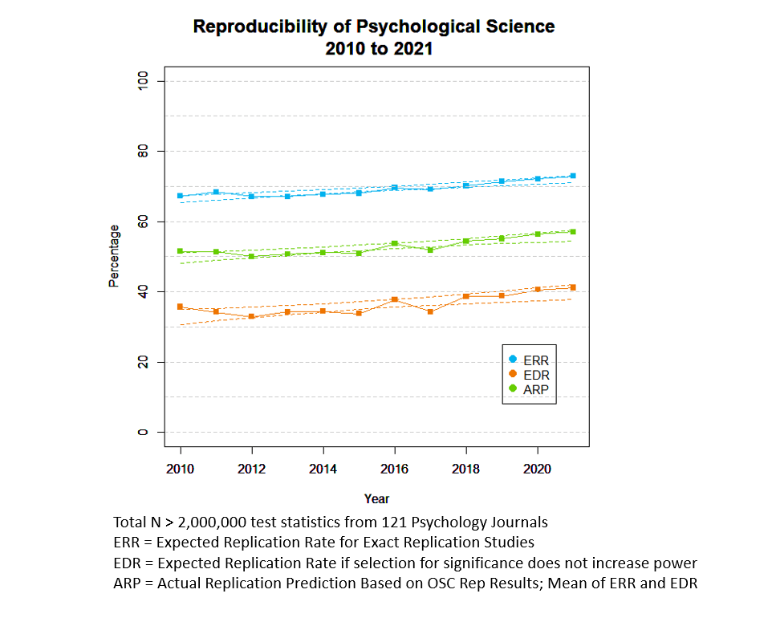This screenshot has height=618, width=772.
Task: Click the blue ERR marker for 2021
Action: coord(572,176)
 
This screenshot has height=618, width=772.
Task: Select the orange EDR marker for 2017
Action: coord(430,311)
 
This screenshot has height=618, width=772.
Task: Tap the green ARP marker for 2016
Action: coord(394,243)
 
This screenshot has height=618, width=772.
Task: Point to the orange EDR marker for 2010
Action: coord(181,307)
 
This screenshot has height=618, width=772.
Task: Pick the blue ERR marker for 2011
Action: coord(216,193)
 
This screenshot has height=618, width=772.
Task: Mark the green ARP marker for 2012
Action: coord(251,256)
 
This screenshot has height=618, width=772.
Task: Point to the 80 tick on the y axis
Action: coord(143,151)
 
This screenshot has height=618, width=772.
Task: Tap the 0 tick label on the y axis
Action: coord(143,433)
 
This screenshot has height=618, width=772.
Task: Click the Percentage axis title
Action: coord(114,257)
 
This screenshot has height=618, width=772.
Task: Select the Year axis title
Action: coord(376,498)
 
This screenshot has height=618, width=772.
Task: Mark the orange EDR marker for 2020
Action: coord(537,289)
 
